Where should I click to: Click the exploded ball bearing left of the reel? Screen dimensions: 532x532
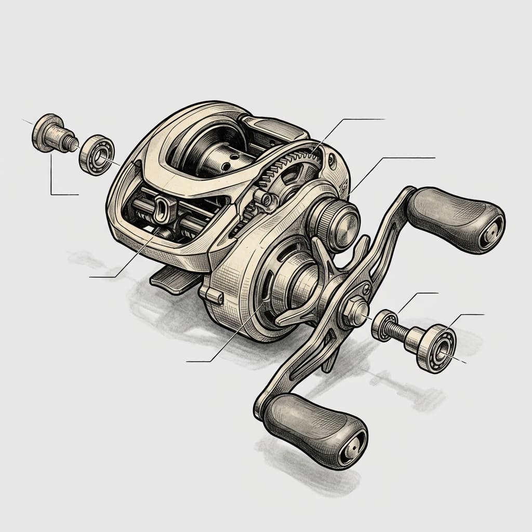[x=97, y=154]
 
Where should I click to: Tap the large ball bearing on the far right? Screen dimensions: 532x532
[x=435, y=348]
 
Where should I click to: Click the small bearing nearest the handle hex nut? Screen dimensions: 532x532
[x=384, y=324]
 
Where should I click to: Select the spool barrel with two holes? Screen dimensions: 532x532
[x=218, y=161]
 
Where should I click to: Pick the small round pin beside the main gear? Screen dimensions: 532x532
[x=266, y=198]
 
